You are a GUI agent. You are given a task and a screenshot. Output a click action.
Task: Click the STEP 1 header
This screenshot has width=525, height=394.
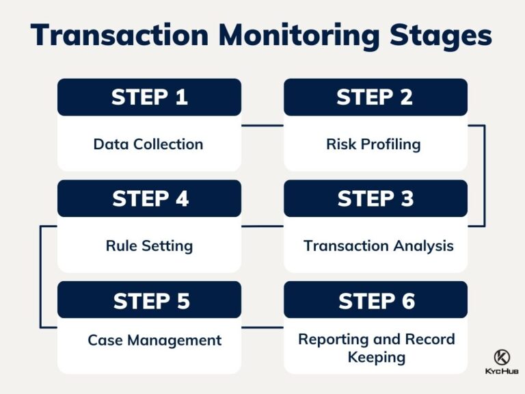[x=149, y=97]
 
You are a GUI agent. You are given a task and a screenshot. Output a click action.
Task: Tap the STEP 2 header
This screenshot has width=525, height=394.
[x=375, y=97]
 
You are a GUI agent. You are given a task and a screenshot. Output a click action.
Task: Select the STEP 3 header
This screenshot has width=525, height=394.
[x=375, y=198]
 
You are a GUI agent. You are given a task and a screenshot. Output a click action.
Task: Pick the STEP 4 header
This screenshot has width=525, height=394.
[x=149, y=198]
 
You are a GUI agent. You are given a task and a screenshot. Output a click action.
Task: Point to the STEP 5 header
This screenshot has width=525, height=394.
[x=149, y=300]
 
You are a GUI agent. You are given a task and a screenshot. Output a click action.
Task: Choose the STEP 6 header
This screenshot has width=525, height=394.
[x=375, y=300]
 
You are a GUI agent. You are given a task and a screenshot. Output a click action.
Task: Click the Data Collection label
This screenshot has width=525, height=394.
[x=148, y=144]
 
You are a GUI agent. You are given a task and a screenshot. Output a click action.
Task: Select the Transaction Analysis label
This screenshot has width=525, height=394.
[x=378, y=246]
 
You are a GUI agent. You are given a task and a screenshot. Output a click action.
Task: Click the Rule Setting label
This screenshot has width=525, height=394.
[x=149, y=246]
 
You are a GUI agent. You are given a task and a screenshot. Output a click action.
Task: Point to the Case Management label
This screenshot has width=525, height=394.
[x=154, y=340]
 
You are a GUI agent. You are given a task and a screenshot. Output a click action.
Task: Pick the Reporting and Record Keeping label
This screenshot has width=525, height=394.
[x=376, y=348]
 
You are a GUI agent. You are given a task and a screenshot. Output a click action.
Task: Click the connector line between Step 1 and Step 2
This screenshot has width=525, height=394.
[x=262, y=125]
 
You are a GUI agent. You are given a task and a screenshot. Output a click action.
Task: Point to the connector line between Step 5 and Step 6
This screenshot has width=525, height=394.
[x=262, y=328]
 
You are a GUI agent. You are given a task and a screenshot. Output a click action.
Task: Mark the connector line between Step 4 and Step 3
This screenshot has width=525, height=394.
[x=262, y=226]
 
